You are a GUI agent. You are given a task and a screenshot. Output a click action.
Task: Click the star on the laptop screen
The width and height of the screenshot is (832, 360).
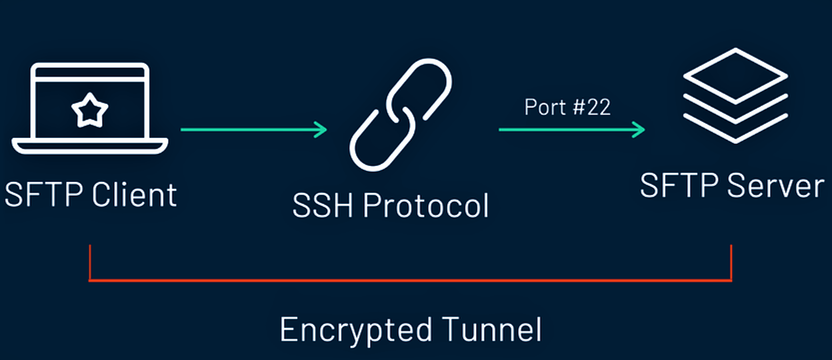click(89, 111)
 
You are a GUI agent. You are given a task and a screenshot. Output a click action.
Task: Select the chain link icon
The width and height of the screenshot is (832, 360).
click(401, 115)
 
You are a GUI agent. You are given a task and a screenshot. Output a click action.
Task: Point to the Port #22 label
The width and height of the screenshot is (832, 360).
click(567, 107)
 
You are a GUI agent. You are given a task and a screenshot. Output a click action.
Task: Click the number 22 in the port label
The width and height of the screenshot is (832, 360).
click(597, 107)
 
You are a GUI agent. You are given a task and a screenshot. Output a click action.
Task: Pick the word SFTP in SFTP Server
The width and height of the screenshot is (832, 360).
click(679, 185)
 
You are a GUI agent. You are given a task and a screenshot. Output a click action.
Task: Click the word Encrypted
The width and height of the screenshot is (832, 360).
click(355, 329)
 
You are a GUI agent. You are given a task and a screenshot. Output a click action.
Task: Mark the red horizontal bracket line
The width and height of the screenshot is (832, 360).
click(410, 280)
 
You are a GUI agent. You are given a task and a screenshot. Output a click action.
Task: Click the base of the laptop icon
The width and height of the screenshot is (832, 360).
click(89, 145)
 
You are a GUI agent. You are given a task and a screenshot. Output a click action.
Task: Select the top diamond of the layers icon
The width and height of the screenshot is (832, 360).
click(735, 75)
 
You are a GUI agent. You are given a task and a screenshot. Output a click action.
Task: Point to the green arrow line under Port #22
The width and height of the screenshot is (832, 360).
click(567, 129)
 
